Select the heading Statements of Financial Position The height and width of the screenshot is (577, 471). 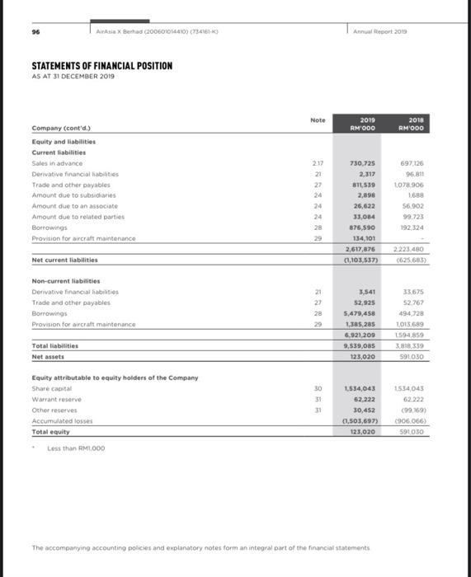tap(101, 65)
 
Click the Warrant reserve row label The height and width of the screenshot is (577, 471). tap(54, 399)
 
